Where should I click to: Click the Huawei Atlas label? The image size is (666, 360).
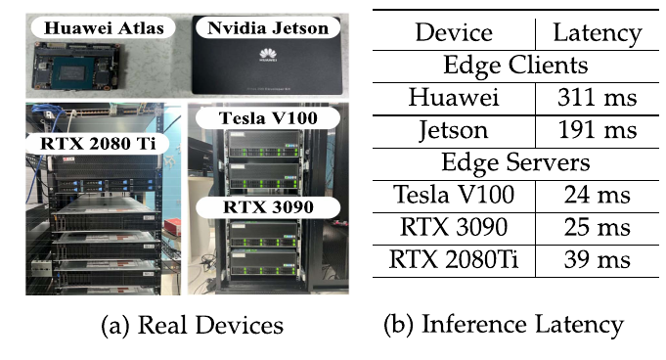pos(104,28)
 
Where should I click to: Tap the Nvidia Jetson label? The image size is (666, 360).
pos(268,28)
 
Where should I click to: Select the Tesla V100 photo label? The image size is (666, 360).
pos(268,118)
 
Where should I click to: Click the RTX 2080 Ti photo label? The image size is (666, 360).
pos(98,143)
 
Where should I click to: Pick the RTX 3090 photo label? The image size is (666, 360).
pos(268,207)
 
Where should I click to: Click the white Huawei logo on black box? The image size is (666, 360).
pos(268,55)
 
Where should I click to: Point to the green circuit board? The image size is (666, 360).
pos(77,67)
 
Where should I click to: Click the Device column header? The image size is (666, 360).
pos(454,32)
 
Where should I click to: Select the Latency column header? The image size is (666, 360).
pos(598,33)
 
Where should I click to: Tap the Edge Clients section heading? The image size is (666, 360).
pos(515,66)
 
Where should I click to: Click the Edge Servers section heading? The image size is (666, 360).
pos(515,162)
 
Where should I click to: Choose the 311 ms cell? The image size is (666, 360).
pos(598,98)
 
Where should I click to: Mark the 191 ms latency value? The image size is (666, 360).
pos(598,130)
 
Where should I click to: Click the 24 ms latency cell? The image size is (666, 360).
pos(598,195)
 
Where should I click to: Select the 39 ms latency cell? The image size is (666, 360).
pos(598,259)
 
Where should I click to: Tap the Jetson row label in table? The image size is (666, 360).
pos(454,130)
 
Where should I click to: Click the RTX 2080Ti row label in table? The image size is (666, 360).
pos(454,259)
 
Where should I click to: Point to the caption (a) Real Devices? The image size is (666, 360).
pos(192,326)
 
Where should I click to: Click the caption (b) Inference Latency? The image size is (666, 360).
pos(504,326)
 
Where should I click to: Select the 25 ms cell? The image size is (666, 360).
pos(598,227)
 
